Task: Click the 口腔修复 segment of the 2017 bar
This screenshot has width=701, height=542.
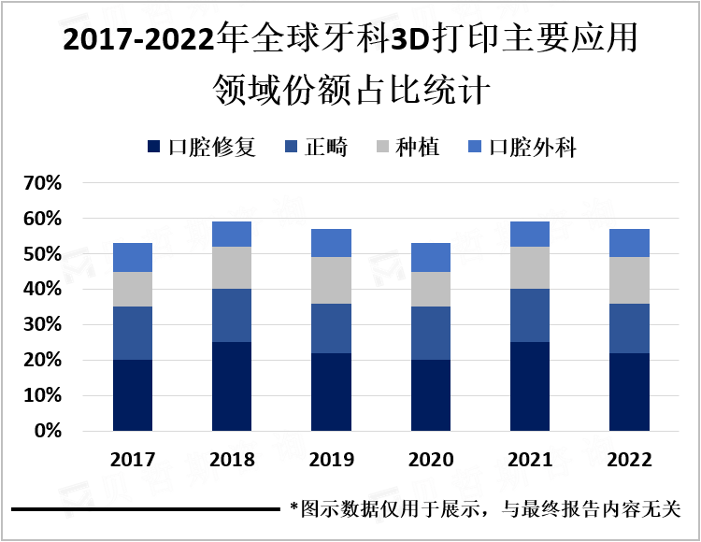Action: click(133, 395)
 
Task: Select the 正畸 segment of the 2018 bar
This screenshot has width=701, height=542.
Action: click(232, 316)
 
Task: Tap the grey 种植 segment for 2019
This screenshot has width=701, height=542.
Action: click(332, 280)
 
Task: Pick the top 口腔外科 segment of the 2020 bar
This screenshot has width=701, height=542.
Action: click(431, 257)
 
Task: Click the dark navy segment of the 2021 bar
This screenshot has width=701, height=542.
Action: click(530, 386)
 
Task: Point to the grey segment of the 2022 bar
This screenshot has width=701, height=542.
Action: click(630, 280)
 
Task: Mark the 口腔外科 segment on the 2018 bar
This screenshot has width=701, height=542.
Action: click(232, 234)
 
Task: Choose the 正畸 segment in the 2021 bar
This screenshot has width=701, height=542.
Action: click(530, 316)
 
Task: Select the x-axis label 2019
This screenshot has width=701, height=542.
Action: click(332, 461)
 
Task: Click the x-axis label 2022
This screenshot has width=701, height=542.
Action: click(630, 461)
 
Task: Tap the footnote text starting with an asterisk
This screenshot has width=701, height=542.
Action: click(486, 509)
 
